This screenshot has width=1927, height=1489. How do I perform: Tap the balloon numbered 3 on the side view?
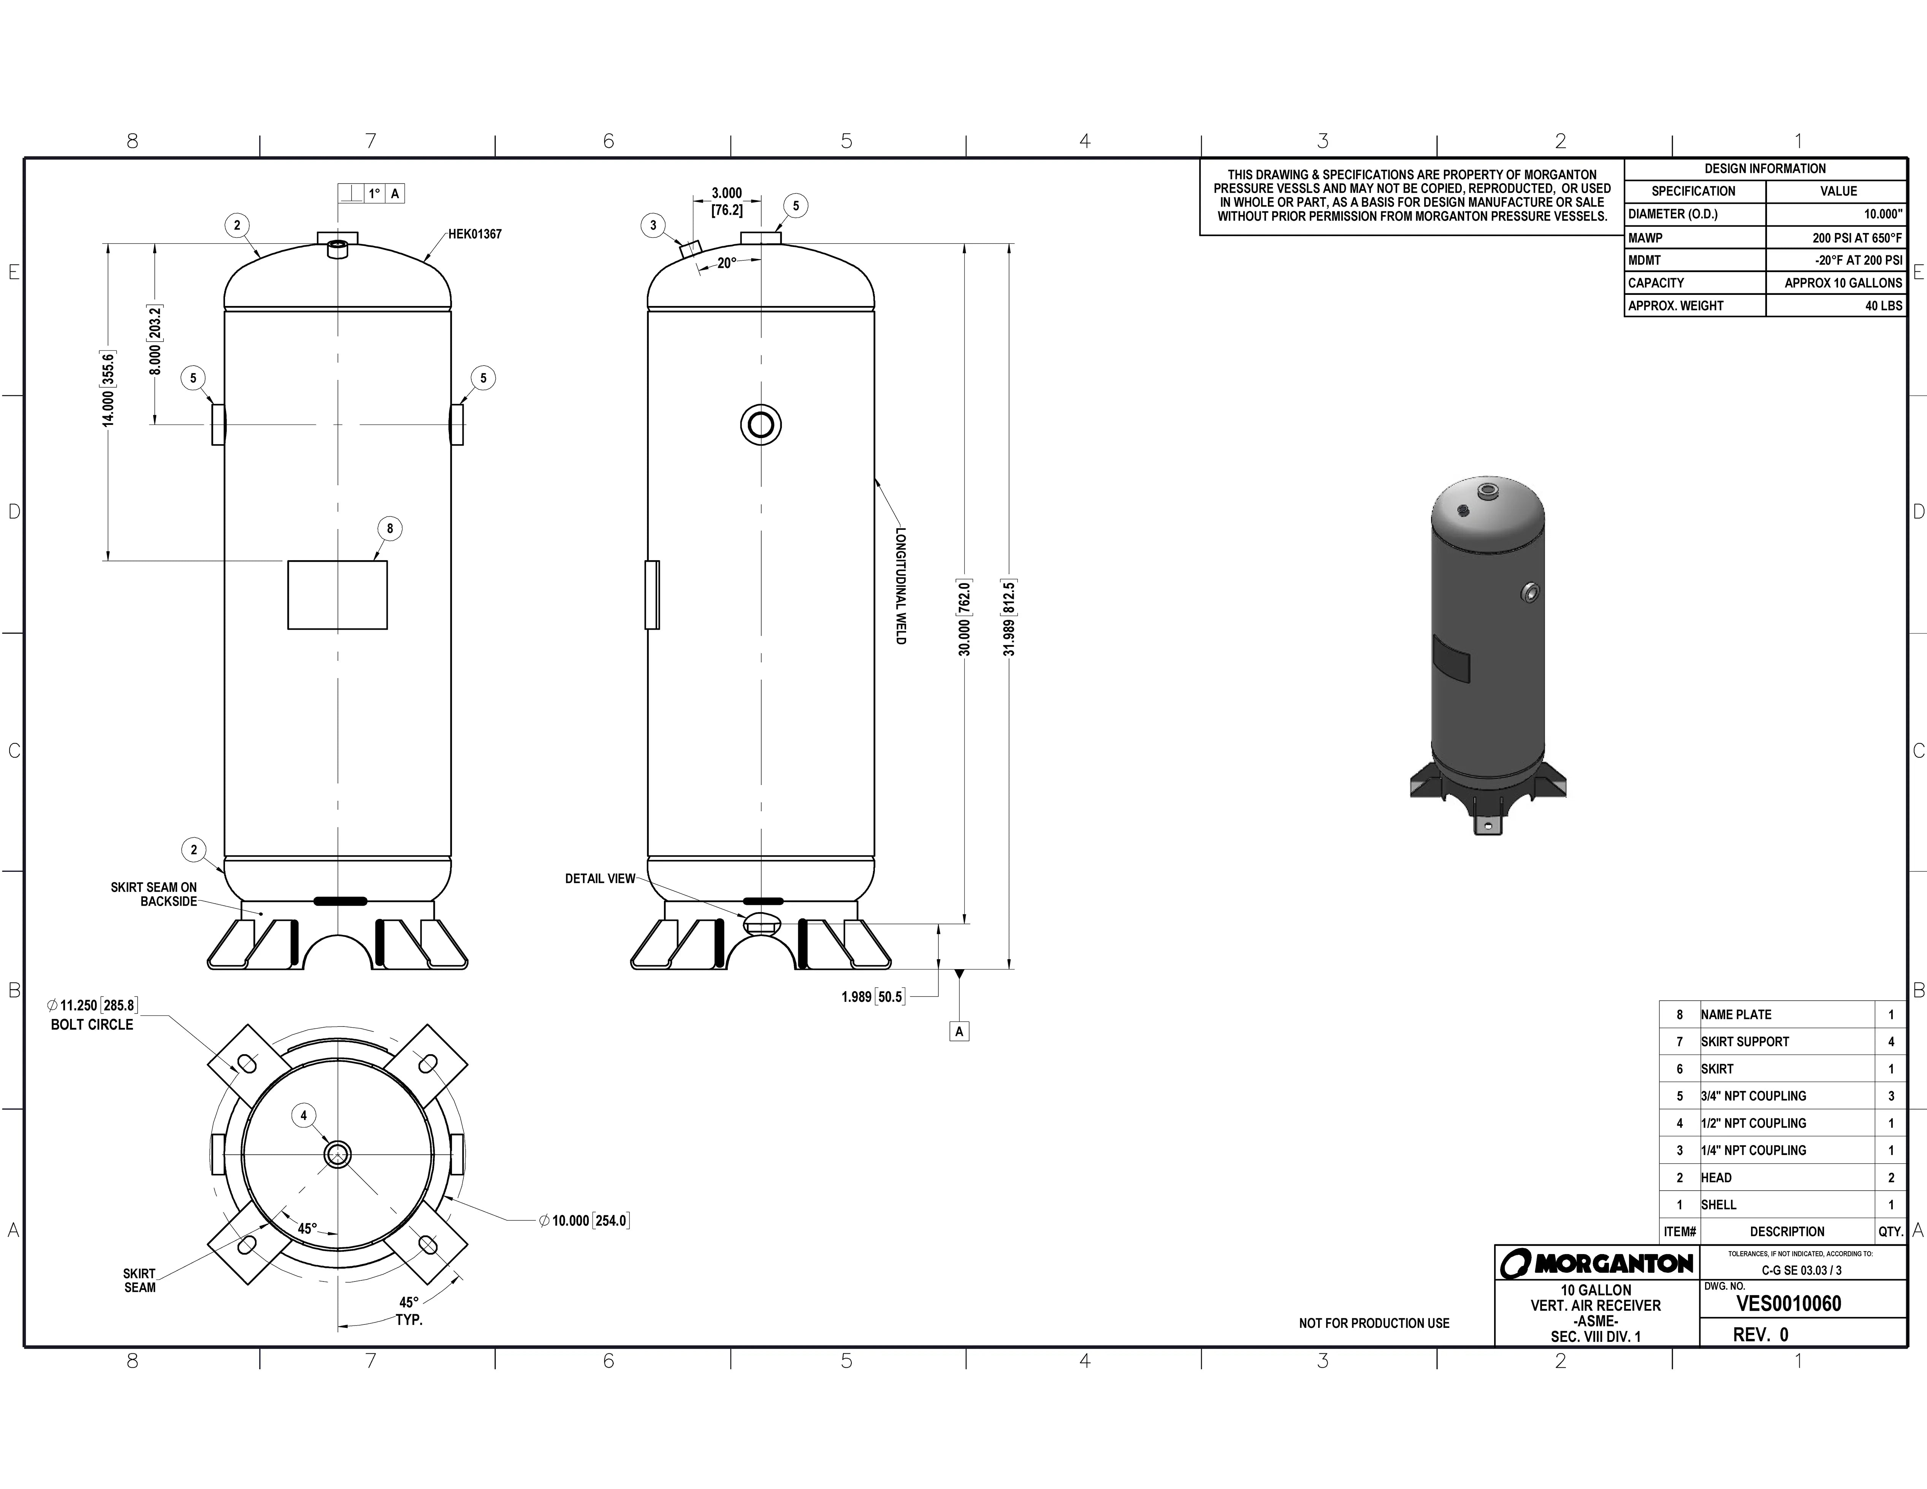click(653, 225)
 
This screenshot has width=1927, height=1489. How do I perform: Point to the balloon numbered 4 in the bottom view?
click(304, 1116)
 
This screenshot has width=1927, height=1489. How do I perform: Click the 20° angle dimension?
click(726, 263)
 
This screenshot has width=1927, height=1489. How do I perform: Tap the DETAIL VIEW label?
click(600, 879)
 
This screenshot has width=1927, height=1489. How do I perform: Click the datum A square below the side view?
click(959, 1031)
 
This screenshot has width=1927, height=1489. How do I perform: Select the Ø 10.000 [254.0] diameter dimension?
click(584, 1221)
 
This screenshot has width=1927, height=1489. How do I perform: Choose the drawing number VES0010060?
click(1789, 1304)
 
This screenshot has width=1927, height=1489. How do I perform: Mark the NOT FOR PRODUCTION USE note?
click(1374, 1323)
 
